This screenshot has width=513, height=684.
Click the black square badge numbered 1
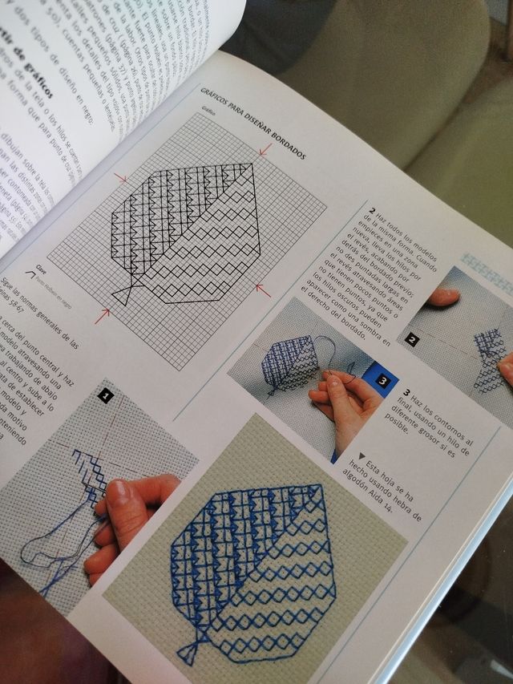(106, 395)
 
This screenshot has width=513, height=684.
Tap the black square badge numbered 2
(412, 339)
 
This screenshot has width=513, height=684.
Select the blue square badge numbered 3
(382, 380)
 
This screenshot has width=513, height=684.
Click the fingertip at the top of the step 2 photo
(446, 297)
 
